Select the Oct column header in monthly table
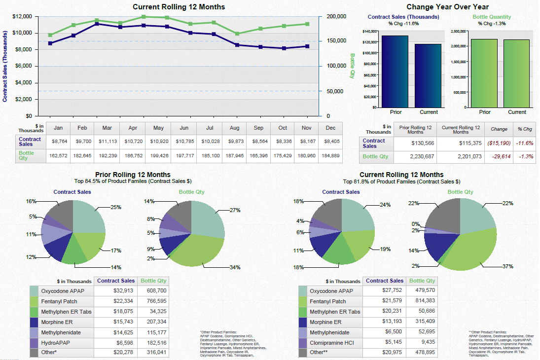coord(283,128)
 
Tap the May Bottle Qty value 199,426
coord(158,156)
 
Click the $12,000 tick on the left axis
coord(22,17)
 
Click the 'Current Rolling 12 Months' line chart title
coord(179,7)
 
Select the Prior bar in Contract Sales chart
coord(395,71)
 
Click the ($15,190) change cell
coord(499,143)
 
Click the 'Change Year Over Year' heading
coord(447,7)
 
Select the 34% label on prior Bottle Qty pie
coord(235,267)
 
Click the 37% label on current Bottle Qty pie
coord(507,266)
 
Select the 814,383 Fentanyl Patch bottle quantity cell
coord(423,301)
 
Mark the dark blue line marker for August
coord(237,45)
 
